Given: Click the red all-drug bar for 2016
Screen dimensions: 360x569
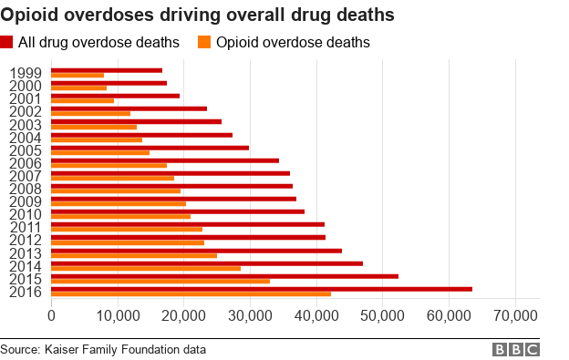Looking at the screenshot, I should click(x=262, y=289).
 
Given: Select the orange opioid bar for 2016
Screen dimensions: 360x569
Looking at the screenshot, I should click(x=191, y=294).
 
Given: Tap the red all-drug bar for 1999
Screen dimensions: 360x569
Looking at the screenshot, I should click(x=107, y=70).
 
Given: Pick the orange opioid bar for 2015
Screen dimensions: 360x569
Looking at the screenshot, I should click(x=160, y=281).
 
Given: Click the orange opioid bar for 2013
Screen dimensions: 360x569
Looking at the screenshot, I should click(x=134, y=255).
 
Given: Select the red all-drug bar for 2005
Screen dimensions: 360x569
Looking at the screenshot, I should click(x=150, y=147).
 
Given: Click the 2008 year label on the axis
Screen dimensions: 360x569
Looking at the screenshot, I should click(x=24, y=189).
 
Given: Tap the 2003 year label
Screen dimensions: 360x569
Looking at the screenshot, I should click(x=24, y=125).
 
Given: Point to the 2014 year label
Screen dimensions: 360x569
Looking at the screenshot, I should click(x=24, y=265).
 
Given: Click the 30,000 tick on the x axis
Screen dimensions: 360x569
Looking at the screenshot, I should click(x=250, y=314).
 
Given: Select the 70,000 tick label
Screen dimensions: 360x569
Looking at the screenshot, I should click(x=516, y=314).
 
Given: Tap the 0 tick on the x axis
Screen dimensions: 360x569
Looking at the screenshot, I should click(x=51, y=314).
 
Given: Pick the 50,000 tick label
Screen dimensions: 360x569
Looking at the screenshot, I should click(x=383, y=314).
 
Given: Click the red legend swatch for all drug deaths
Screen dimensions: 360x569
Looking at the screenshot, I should click(x=7, y=43).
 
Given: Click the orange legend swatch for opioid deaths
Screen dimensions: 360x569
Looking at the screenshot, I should click(x=204, y=43).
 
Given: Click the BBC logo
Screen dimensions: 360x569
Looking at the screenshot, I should click(x=516, y=350).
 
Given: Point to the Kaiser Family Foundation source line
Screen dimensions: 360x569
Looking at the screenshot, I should click(x=103, y=350).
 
